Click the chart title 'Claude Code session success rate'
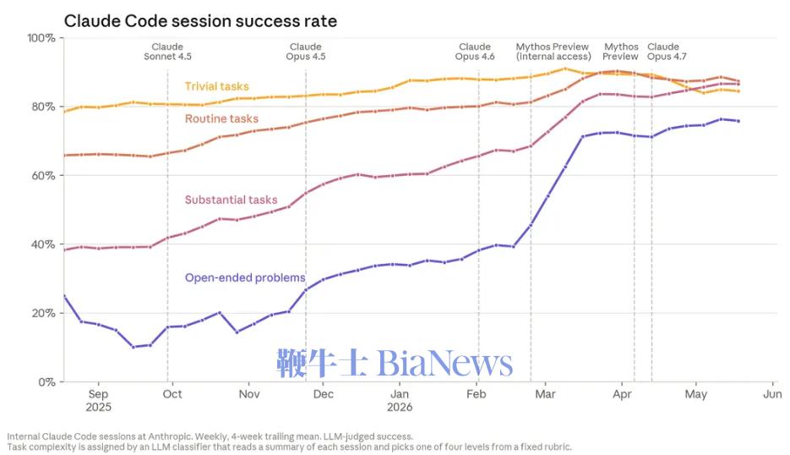point(200,21)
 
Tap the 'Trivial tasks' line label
point(216,86)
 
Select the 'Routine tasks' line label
point(221,118)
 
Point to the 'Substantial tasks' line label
point(231,200)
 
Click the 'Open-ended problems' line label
point(245,277)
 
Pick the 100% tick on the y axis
point(41,38)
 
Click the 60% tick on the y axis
point(43,176)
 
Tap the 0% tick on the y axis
point(46,382)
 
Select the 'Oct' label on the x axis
point(172,394)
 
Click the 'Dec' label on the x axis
point(324,394)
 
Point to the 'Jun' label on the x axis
point(772,394)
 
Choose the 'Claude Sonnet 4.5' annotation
point(168,52)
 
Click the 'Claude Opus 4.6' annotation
point(475,52)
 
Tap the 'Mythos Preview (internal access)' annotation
point(553,52)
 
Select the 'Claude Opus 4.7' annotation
point(667,52)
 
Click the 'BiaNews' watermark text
point(445,363)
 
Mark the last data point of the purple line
point(738,121)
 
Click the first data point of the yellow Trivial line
point(64,112)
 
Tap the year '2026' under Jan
point(400,407)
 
